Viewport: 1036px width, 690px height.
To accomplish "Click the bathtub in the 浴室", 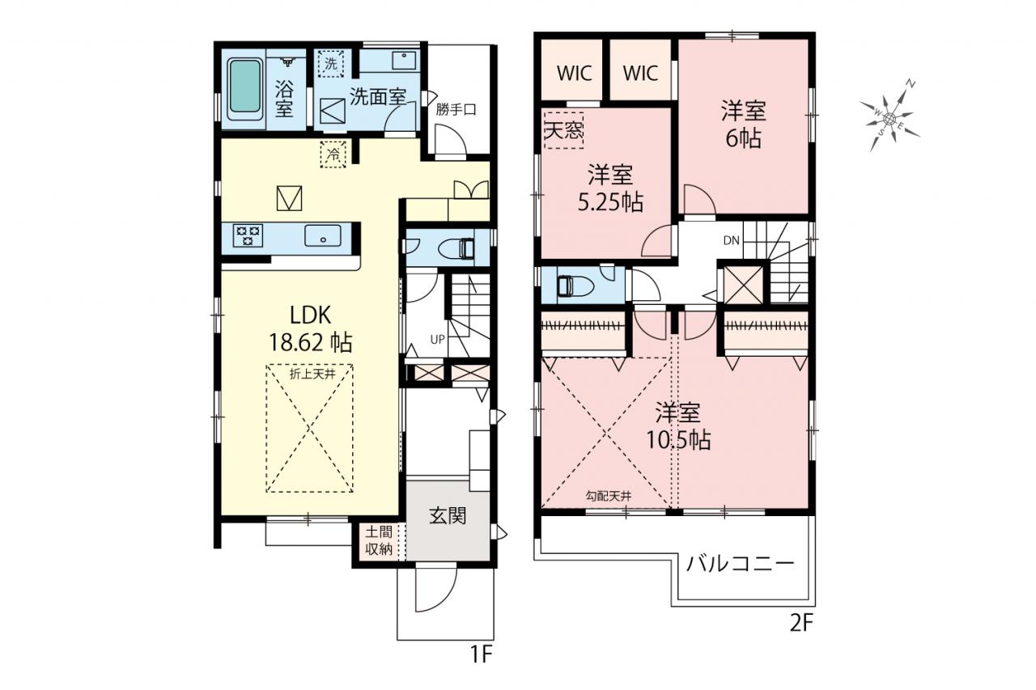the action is (245, 89).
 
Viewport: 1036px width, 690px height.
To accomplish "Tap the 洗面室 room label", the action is (377, 96).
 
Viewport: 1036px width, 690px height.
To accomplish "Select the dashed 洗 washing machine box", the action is (331, 63).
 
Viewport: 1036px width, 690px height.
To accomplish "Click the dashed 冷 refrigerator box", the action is (333, 154).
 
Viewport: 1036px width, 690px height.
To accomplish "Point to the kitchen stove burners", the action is (248, 235).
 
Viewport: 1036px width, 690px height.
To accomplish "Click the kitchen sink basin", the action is (323, 235).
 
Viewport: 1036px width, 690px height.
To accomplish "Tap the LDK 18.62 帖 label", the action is (310, 329).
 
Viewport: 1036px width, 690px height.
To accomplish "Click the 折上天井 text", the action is (312, 374).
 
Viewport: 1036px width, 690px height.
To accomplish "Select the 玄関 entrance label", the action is (448, 516).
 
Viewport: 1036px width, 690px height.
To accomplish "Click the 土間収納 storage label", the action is (379, 540).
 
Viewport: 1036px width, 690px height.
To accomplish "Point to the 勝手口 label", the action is (456, 110).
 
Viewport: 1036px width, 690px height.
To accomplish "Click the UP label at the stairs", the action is (438, 340).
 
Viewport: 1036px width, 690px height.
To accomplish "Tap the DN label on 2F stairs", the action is (731, 240).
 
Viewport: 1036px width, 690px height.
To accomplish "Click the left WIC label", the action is (574, 73).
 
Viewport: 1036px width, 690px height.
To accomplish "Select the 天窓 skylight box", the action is (564, 130).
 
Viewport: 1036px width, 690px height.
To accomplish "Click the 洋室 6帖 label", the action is (744, 124).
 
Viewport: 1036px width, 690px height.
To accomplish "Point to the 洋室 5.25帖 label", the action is (610, 188).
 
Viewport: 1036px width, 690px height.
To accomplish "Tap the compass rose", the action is (890, 118).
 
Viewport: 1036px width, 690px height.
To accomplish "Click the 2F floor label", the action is (801, 624).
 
